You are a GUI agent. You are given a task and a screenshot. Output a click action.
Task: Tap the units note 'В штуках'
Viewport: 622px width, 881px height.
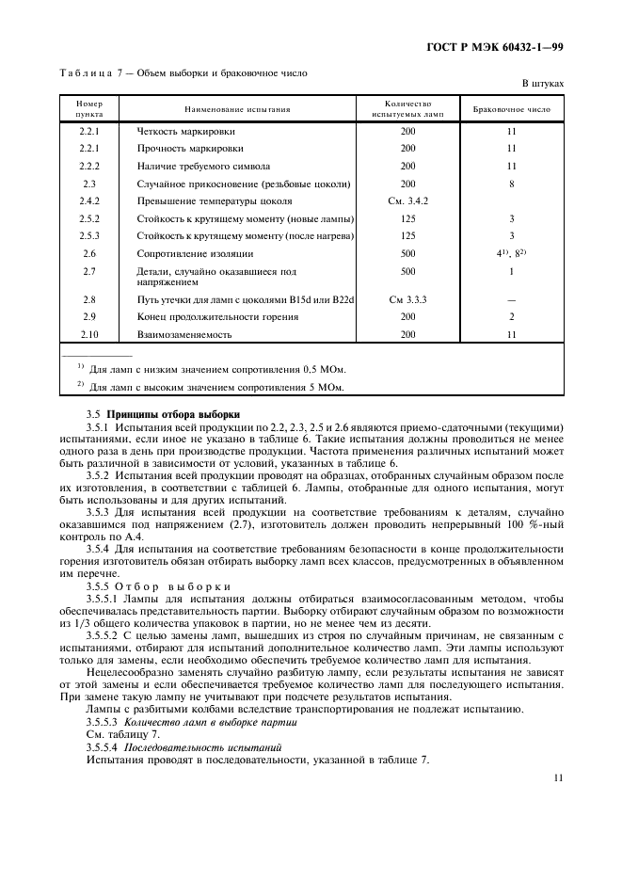(x=542, y=84)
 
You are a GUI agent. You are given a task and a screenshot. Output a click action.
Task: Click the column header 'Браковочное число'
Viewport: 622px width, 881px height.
(x=511, y=109)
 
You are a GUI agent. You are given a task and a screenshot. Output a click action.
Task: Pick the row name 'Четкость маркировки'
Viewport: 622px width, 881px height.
(x=186, y=131)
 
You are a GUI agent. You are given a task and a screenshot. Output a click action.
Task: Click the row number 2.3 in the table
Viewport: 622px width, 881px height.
(x=89, y=184)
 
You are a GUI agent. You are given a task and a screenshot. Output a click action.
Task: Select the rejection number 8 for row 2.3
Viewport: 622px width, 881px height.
(x=511, y=184)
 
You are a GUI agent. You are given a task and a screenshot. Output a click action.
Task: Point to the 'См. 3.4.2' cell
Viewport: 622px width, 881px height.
(x=407, y=200)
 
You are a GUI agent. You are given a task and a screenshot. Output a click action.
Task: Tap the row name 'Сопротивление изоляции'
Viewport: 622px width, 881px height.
(x=195, y=253)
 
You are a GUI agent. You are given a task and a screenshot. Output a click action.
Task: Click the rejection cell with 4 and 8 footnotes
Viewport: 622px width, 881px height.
(x=511, y=253)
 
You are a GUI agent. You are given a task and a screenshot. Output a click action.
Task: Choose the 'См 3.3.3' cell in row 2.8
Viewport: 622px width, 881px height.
(x=407, y=299)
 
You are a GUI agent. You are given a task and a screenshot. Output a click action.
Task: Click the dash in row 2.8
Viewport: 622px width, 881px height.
(x=511, y=299)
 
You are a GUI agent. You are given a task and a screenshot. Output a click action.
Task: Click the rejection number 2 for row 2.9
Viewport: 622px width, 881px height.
(x=511, y=316)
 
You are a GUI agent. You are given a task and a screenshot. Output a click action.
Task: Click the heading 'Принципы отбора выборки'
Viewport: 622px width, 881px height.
(x=173, y=414)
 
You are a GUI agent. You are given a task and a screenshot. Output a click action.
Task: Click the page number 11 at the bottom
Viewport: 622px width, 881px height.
(x=558, y=778)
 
